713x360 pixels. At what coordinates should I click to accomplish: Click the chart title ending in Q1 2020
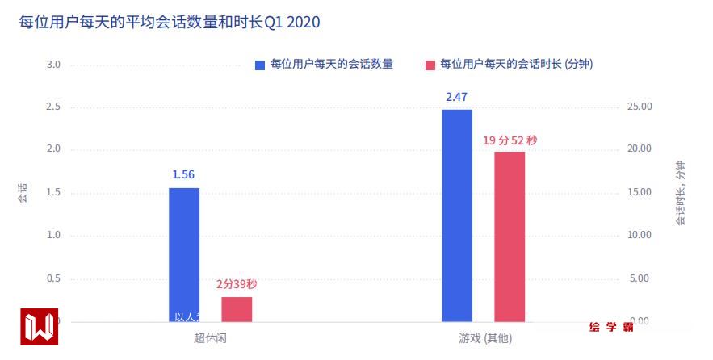coord(170,22)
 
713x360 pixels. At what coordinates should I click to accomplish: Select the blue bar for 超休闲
coord(184,254)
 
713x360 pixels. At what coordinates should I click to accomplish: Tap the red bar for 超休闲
coord(237,309)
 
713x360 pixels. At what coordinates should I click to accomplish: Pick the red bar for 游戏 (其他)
coord(510,237)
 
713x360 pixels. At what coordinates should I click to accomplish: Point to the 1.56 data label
coord(183,174)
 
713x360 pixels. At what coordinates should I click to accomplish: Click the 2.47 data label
coord(456,97)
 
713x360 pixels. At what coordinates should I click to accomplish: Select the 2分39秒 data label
coord(237,284)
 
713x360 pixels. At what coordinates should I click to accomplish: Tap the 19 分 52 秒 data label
coord(510,140)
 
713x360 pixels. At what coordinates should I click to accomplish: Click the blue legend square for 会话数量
coord(260,65)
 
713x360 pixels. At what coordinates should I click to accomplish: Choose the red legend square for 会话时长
coord(430,65)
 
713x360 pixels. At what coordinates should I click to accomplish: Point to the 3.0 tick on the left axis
coord(53,65)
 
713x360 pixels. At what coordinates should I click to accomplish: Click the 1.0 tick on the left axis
coord(53,236)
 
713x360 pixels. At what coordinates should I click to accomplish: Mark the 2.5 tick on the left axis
coord(53,107)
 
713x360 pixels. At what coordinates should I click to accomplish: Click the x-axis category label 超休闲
coord(210,338)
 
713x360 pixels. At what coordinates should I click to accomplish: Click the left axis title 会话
coord(23,193)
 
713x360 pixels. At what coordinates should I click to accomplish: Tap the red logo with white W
coord(40,327)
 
